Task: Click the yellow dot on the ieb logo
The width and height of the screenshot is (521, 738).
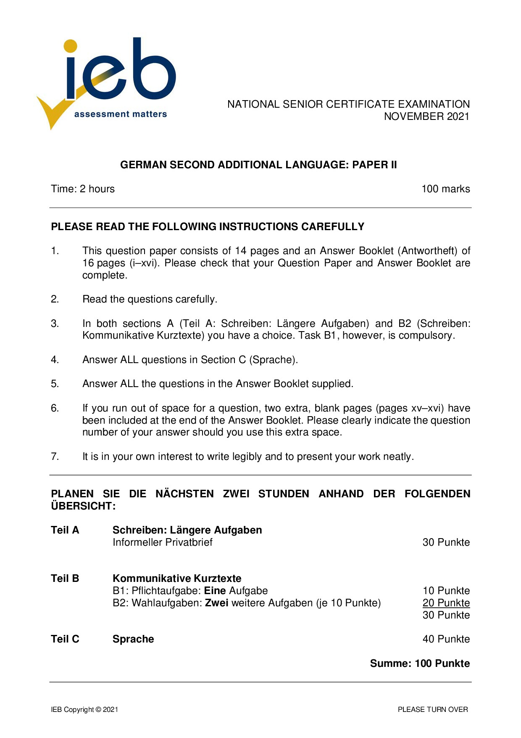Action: click(71, 46)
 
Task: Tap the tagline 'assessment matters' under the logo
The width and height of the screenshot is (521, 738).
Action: click(120, 114)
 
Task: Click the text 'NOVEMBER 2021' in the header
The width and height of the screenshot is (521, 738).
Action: click(426, 117)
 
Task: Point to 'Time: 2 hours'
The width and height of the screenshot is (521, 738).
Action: click(83, 189)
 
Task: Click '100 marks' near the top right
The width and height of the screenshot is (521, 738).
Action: click(445, 189)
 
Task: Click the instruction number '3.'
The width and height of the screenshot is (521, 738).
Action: click(55, 324)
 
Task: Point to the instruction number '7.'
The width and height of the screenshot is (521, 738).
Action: click(55, 457)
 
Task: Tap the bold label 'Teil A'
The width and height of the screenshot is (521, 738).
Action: click(65, 530)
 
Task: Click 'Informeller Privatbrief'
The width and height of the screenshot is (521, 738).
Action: click(163, 542)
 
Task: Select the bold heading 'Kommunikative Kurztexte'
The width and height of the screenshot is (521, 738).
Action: click(177, 579)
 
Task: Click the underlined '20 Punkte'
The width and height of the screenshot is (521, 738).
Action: click(446, 603)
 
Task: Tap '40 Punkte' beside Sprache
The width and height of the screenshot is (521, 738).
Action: click(446, 639)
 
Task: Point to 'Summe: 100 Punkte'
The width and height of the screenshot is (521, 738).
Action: click(420, 664)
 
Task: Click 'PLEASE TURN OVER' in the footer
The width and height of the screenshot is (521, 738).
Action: click(433, 710)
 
